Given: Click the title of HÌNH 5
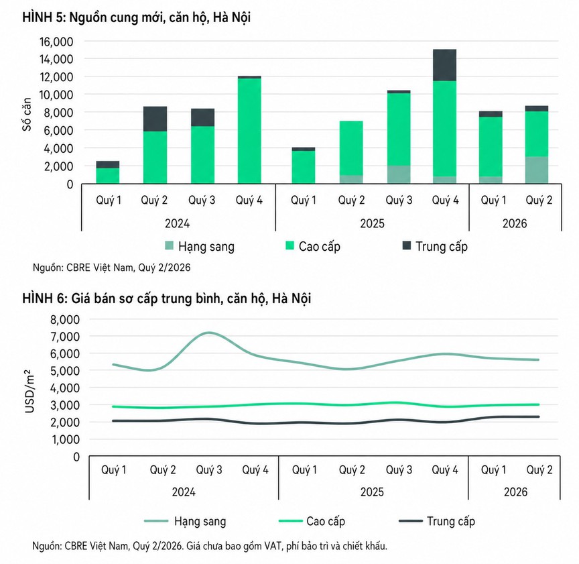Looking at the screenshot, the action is coord(136,17).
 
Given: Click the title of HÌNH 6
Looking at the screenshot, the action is coord(167,298).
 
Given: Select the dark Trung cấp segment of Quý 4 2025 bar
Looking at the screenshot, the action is coord(444,65).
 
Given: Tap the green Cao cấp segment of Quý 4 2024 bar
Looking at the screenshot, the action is coord(249,131).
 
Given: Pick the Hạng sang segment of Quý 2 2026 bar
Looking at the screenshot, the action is coord(537,170).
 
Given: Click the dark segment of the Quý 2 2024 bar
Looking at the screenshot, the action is coord(155,119).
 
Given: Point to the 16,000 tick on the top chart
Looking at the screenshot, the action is coord(56,42).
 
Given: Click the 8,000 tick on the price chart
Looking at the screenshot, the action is coord(65,319).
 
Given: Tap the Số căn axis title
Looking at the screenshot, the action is coord(27,114).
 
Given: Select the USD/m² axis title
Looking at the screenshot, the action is coord(29,391).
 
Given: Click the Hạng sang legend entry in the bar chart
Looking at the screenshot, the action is coord(200,246).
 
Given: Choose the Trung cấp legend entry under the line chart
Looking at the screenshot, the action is coord(437,521).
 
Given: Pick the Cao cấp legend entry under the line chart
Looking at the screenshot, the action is coord(312,521).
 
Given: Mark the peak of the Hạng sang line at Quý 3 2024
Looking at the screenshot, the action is coord(209,333).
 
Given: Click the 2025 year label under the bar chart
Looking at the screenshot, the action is coord(372,223).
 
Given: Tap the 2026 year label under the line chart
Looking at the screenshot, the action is coord(515,492).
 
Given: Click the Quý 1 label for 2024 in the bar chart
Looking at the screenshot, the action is coord(109,201).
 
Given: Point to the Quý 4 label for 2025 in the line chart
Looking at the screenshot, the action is coord(445,469).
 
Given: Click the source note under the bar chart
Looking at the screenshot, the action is coord(111,268).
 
